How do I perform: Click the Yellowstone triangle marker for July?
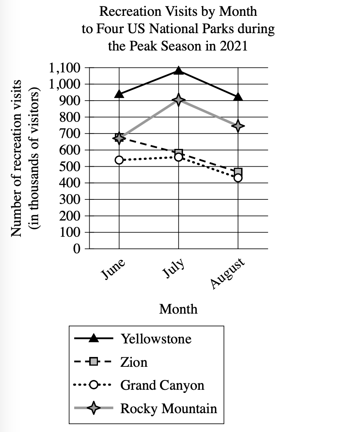178,70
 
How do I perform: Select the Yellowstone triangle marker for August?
238,97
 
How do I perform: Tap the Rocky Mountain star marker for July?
178,100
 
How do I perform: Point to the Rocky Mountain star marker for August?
238,126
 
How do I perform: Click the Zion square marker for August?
238,172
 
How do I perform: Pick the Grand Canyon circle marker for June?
119,160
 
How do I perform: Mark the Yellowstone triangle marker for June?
119,94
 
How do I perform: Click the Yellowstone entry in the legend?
156,339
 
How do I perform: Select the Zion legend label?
134,362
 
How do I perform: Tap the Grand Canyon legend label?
162,385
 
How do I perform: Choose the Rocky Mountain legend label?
168,409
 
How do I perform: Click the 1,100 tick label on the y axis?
65,68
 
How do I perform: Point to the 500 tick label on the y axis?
70,167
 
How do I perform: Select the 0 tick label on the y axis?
76,249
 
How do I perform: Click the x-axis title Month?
178,309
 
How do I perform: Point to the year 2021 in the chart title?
234,46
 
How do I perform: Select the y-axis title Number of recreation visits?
16,158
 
